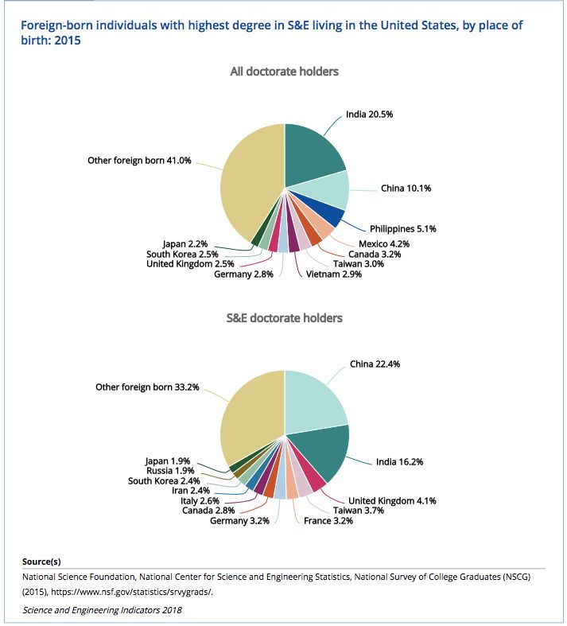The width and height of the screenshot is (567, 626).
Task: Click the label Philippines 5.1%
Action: [x=403, y=228]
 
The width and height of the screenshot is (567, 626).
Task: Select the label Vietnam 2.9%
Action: [x=333, y=274]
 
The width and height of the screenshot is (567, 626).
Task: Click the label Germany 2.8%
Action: [x=243, y=274]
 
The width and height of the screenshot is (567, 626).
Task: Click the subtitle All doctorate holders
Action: [x=284, y=72]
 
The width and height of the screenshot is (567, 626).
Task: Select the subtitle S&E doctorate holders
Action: [x=284, y=318]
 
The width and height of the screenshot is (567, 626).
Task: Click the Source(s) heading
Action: [x=41, y=562]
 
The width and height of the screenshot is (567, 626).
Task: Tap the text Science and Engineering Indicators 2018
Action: [x=102, y=610]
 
